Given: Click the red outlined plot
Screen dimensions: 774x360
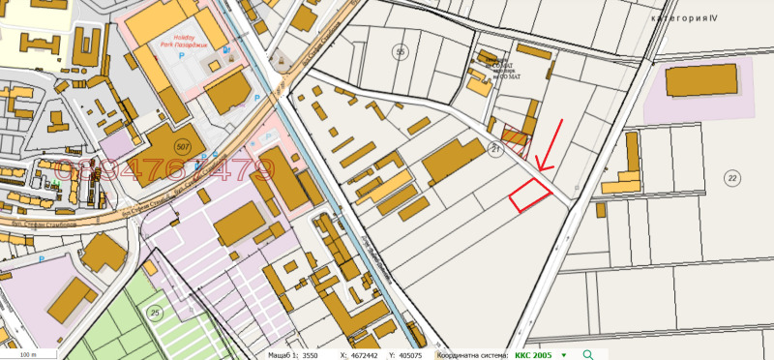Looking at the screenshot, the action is pos(529,196).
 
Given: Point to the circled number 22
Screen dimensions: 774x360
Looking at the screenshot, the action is pos(731,177).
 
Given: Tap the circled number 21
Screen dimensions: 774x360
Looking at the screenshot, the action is pos(495,148).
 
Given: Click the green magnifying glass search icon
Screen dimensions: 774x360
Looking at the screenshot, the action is pos(588,355).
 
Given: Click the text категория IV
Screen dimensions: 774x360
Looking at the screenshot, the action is pos(686,17).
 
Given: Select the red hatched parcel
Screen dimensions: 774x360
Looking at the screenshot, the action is pos(516,143).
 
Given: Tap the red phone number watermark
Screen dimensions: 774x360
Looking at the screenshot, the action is pos(164,172).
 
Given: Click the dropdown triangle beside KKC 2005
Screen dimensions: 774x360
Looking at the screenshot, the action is pos(564,355).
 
